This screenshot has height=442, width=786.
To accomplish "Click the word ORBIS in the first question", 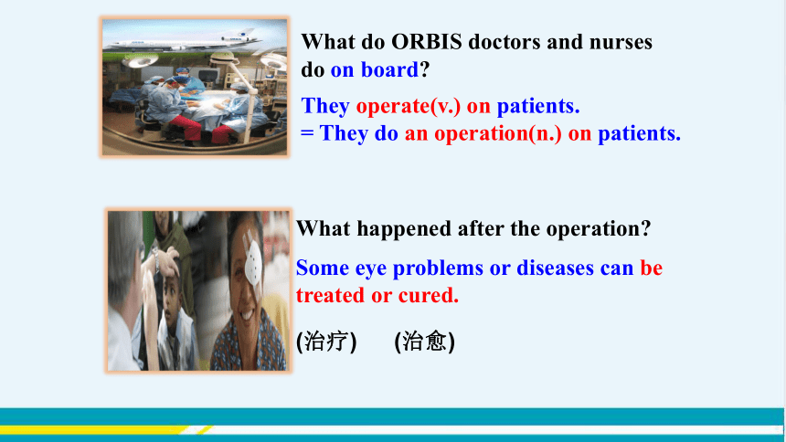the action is point(427,42).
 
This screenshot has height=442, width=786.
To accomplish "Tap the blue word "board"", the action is point(389,70).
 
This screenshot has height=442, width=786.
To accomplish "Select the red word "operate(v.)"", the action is point(408,107).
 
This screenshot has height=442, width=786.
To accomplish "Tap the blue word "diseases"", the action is point(555,268).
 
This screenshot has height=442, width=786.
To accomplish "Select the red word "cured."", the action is point(429,296).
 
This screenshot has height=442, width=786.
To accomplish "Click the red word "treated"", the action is point(330,296).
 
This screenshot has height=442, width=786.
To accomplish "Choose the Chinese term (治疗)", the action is point(326,342).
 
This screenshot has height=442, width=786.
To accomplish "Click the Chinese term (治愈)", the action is point(425,342).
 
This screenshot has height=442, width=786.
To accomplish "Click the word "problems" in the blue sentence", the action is point(438,268).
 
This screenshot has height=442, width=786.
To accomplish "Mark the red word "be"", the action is point(651,268).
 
